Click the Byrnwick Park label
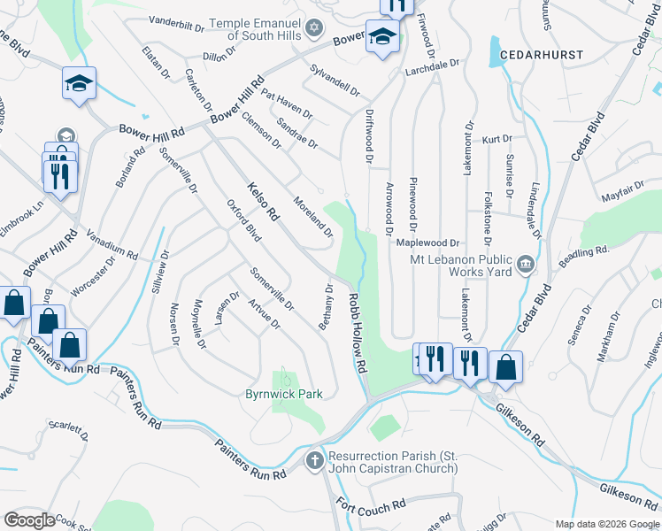pyautogui.click(x=284, y=393)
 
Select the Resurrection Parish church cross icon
pyautogui.click(x=314, y=460)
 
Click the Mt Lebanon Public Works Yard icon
pyautogui.click(x=525, y=263)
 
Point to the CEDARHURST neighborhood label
pyautogui.click(x=542, y=55)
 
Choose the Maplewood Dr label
pyautogui.click(x=429, y=242)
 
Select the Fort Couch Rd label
pyautogui.click(x=371, y=510)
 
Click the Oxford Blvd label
pyautogui.click(x=243, y=220)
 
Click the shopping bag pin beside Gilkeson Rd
pyautogui.click(x=505, y=365)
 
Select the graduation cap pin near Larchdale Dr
pyautogui.click(x=381, y=36)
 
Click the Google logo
pyautogui.click(x=29, y=520)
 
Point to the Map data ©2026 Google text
pyautogui.click(x=606, y=524)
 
